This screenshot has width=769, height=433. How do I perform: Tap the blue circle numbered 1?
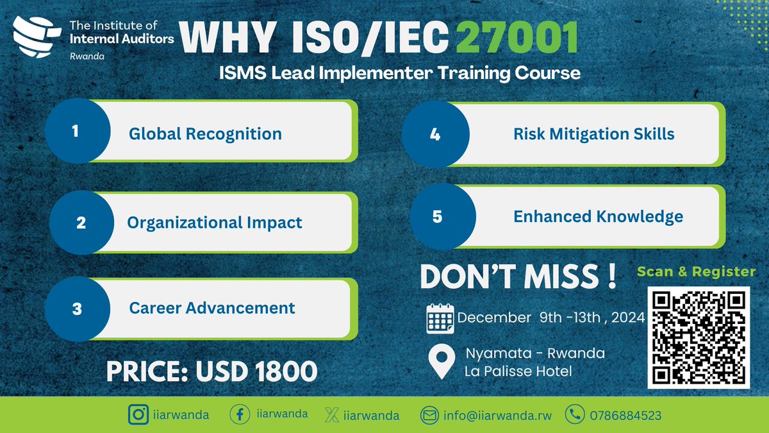pos(76,132)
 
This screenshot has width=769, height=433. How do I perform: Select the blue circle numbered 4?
pos(434,134)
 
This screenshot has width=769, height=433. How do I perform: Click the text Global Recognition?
pos(205,134)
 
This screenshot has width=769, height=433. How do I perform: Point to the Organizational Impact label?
pos(215,223)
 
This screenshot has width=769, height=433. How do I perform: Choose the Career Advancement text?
pos(212,307)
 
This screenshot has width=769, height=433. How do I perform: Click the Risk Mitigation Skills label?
pos(593,134)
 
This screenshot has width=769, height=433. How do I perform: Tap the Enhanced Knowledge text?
pos(598,217)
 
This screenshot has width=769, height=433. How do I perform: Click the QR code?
pos(698,337)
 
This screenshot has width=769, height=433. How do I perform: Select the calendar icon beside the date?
pos(440,318)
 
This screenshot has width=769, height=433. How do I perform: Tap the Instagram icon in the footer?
pos(137,414)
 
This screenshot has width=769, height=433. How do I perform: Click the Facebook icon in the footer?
pos(239,414)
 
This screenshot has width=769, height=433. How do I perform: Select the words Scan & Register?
pos(696,271)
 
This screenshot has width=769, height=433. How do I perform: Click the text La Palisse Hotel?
pos(518,370)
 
